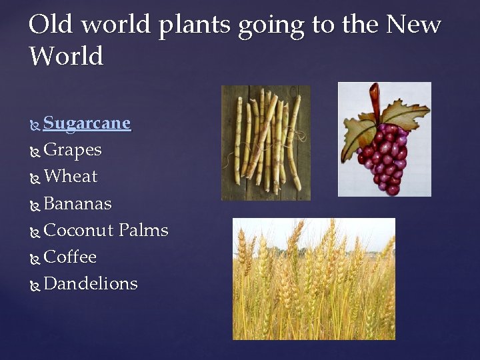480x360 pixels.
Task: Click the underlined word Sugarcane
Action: (87, 123)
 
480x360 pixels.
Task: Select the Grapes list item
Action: (72, 150)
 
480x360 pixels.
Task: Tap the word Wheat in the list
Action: (70, 177)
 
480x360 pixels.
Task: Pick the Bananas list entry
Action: (77, 203)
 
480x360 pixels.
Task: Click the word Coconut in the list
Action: (78, 230)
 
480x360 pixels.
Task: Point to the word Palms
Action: (143, 230)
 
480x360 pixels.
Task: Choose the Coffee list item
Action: (70, 257)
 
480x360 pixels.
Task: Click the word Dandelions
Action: (90, 283)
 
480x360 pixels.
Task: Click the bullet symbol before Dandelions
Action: (35, 285)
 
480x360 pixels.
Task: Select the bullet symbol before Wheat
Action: (35, 178)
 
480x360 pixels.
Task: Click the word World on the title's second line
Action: (67, 56)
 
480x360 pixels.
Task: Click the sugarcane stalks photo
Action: (265, 143)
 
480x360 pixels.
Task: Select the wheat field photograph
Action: (313, 279)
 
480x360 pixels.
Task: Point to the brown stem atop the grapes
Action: (375, 97)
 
